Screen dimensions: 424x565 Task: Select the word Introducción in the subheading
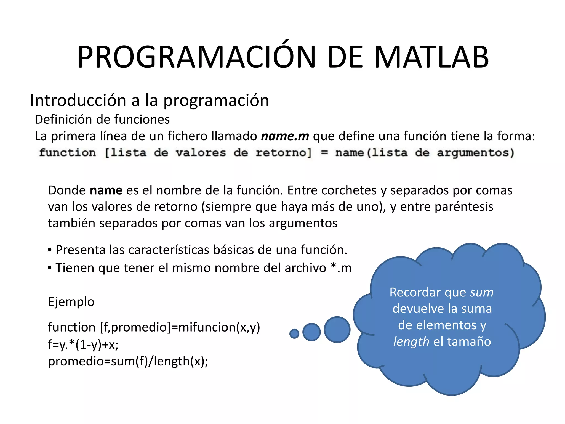[78, 100]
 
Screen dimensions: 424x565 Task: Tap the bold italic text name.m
[285, 136]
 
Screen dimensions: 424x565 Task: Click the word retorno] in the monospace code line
[284, 153]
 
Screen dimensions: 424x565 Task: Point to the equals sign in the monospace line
[324, 153]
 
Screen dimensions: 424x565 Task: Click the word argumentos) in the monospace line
[476, 153]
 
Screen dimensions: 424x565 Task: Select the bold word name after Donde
[106, 190]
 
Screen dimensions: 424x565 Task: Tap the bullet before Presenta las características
[50, 250]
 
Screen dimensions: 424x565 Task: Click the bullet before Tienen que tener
[50, 268]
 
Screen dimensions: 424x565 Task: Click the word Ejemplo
[71, 302]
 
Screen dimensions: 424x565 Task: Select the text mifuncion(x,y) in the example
[219, 327]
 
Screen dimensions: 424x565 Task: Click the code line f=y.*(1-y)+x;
[83, 344]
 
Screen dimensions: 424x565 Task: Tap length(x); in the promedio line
[181, 361]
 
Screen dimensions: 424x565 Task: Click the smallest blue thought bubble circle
[294, 334]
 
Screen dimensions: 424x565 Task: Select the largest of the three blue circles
[337, 330]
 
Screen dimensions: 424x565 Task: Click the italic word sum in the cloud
[482, 293]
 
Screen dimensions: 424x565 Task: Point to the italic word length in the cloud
[411, 342]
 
